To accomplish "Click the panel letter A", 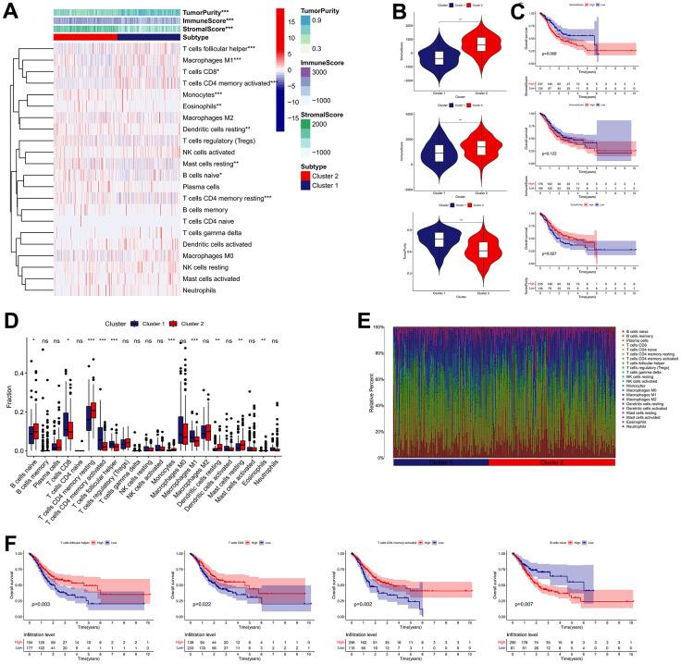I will pos(11,11).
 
